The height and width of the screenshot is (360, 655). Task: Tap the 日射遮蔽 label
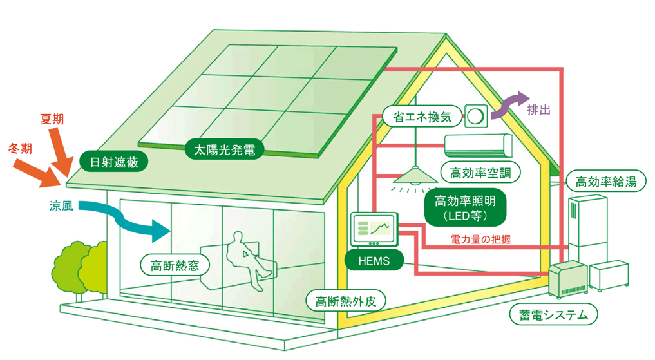(x=114, y=160)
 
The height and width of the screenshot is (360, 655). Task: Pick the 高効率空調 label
(x=480, y=172)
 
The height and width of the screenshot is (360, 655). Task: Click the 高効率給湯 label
(x=605, y=182)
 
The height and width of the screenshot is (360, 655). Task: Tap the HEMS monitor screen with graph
(x=374, y=229)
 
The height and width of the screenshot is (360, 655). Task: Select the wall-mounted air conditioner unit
(x=477, y=146)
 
